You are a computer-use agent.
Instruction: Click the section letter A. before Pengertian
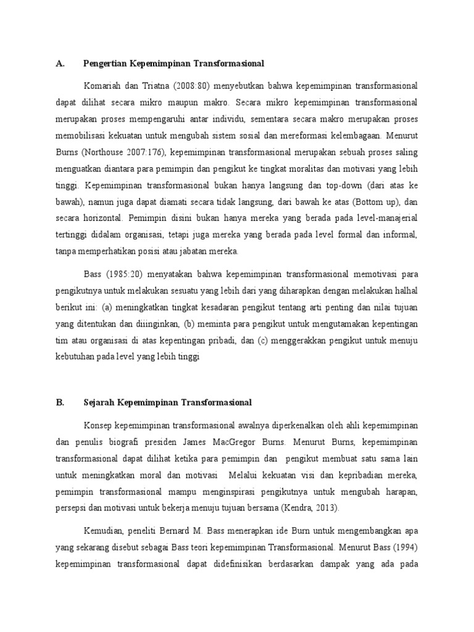click(x=60, y=64)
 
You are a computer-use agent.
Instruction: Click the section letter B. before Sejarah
click(x=60, y=402)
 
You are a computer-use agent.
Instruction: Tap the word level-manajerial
click(x=383, y=217)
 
